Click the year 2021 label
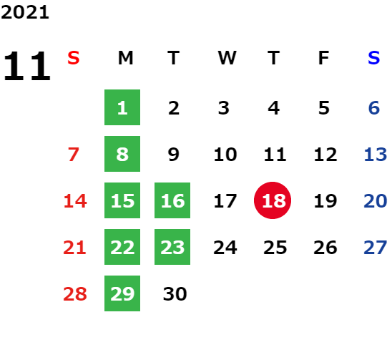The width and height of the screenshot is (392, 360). (x=25, y=12)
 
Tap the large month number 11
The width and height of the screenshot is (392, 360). (x=27, y=66)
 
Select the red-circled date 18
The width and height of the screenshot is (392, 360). (x=273, y=200)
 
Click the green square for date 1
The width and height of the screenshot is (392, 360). (x=122, y=107)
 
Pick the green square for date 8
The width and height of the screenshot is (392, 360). (x=122, y=154)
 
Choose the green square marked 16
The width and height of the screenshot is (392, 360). (x=172, y=200)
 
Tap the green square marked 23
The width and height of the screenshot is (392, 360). (x=172, y=247)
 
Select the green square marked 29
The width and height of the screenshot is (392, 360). (x=122, y=293)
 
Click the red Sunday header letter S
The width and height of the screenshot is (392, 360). (x=74, y=58)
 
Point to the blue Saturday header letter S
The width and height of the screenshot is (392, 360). (x=374, y=58)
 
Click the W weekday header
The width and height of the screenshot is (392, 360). (x=227, y=58)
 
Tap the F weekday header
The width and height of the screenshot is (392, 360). (x=324, y=58)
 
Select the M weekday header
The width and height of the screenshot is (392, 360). (x=125, y=58)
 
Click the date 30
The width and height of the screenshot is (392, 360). (x=175, y=293)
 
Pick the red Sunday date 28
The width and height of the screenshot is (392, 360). (x=75, y=293)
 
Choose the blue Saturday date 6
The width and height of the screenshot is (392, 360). (x=374, y=108)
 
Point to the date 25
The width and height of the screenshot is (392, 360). (x=275, y=248)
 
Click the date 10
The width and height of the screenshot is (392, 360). (x=225, y=155)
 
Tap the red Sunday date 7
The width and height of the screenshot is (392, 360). (x=74, y=155)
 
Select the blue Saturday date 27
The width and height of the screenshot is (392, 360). (x=376, y=248)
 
